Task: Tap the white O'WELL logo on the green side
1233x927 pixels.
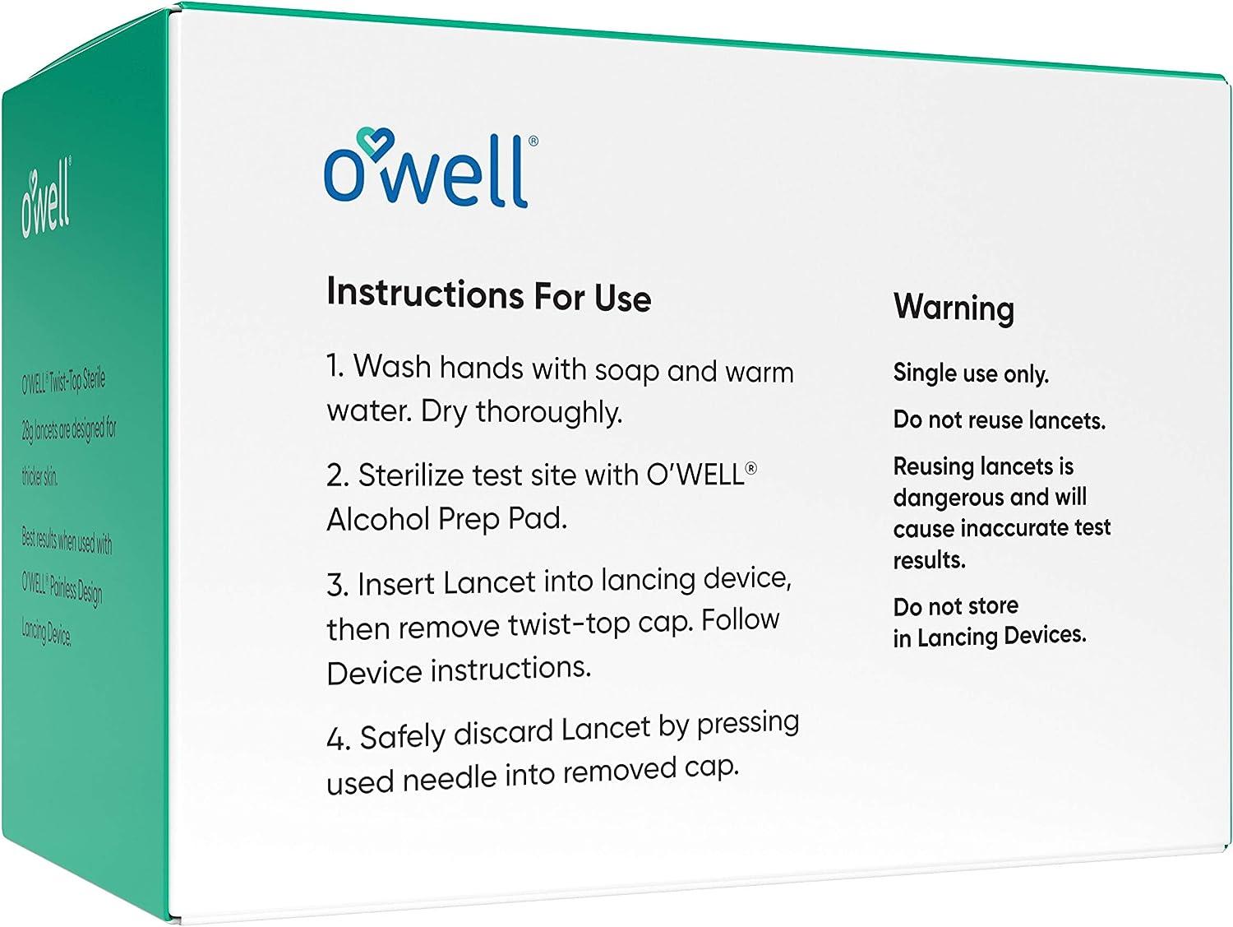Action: tap(46, 201)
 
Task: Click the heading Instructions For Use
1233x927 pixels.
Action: tap(488, 294)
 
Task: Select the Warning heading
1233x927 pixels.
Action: tap(954, 308)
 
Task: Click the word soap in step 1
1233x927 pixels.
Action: tap(627, 369)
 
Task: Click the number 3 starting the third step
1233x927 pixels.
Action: tap(335, 585)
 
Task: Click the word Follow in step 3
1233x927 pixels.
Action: tap(741, 619)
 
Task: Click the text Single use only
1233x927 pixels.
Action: tap(971, 373)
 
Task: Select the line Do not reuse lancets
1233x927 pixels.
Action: tap(999, 420)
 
